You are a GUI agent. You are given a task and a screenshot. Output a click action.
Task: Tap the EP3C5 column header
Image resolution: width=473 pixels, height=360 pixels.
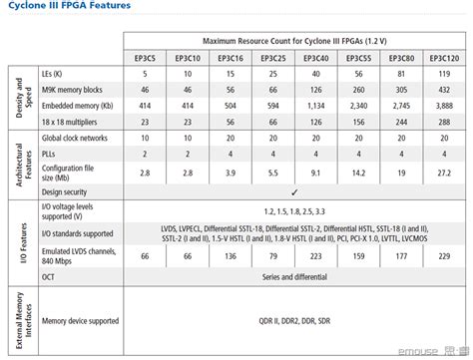tap(145, 58)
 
